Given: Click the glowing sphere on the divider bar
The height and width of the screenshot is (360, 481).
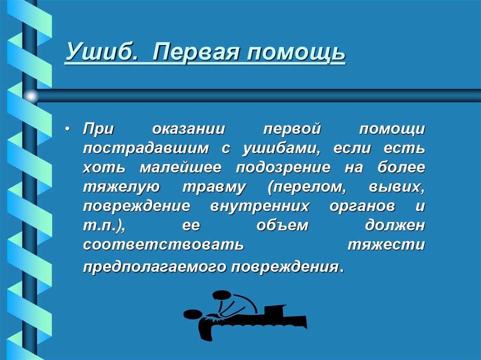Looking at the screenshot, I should click(x=31, y=96).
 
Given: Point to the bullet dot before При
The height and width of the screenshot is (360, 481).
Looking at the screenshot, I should click(x=69, y=129).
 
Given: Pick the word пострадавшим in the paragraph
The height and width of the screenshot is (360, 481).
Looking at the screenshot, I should click(x=146, y=149).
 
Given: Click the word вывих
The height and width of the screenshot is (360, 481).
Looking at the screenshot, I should click(x=397, y=186).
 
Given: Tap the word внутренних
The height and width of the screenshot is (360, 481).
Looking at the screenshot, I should click(x=260, y=206).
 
